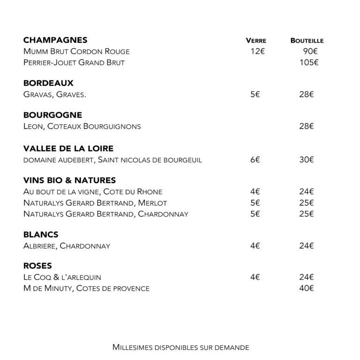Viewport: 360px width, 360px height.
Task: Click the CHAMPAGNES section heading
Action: tap(55, 40)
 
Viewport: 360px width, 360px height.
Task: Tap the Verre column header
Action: tap(256, 41)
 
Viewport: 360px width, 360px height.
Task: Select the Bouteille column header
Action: tap(307, 41)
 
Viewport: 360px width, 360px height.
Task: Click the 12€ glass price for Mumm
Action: tap(257, 52)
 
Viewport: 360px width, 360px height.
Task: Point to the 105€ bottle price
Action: tap(309, 62)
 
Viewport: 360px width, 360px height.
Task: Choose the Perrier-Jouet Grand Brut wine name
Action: tap(74, 62)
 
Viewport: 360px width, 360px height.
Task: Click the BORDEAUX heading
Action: tap(48, 83)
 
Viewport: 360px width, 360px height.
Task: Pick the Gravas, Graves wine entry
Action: tap(54, 94)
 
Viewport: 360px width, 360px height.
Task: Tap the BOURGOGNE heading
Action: tap(52, 115)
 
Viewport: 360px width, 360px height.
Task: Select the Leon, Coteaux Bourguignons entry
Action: tap(82, 126)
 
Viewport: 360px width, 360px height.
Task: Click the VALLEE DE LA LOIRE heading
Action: tap(68, 149)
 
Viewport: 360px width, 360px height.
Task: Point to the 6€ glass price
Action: tap(255, 160)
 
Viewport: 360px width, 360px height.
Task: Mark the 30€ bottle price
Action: tap(307, 160)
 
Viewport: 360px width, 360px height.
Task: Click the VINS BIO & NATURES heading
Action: tap(69, 180)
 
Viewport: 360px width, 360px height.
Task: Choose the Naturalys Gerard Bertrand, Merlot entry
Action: tap(95, 203)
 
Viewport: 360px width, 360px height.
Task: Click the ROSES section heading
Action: tap(37, 266)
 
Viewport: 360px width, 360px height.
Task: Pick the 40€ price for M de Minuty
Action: tap(307, 288)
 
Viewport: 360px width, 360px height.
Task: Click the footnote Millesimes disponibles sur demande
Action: tap(180, 347)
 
